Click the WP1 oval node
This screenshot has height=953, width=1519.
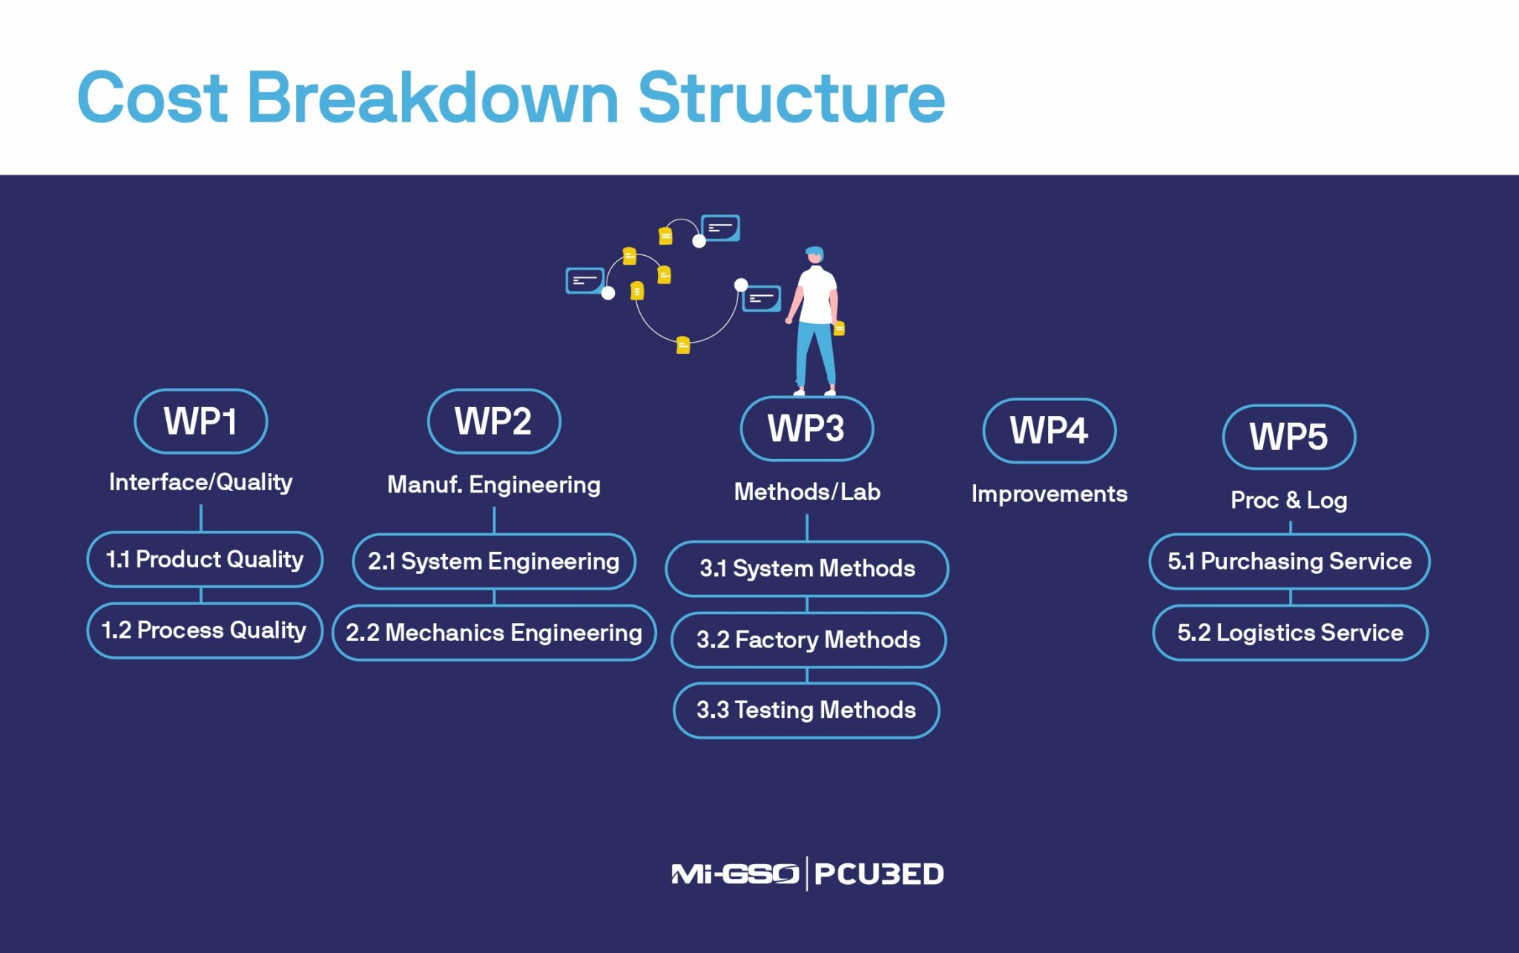pyautogui.click(x=200, y=421)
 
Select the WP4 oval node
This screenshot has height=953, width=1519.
pyautogui.click(x=1049, y=431)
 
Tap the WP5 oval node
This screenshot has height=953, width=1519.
pyautogui.click(x=1288, y=437)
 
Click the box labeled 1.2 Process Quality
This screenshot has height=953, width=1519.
pyautogui.click(x=205, y=630)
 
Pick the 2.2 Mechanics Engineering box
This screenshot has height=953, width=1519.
pyautogui.click(x=494, y=633)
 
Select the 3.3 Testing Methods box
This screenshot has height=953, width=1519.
pyautogui.click(x=806, y=710)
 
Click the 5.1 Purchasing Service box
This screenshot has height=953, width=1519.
pyautogui.click(x=1289, y=561)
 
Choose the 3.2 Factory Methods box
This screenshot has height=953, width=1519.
pyautogui.click(x=808, y=640)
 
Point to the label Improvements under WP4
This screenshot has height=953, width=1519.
pyautogui.click(x=1049, y=494)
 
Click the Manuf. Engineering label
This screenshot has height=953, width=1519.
pyautogui.click(x=494, y=485)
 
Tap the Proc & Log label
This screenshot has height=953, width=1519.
pyautogui.click(x=1288, y=501)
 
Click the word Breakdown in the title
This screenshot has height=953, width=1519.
pyautogui.click(x=432, y=98)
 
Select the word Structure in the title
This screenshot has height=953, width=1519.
pyautogui.click(x=791, y=98)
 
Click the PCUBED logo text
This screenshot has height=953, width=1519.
pyautogui.click(x=879, y=874)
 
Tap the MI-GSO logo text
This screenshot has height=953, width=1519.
pyautogui.click(x=734, y=874)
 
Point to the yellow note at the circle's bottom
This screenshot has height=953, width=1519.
pyautogui.click(x=683, y=345)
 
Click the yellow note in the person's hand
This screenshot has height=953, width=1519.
pyautogui.click(x=839, y=328)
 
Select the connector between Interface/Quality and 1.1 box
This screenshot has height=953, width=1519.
pyautogui.click(x=201, y=518)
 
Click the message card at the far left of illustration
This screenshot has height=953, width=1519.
pyautogui.click(x=584, y=281)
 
